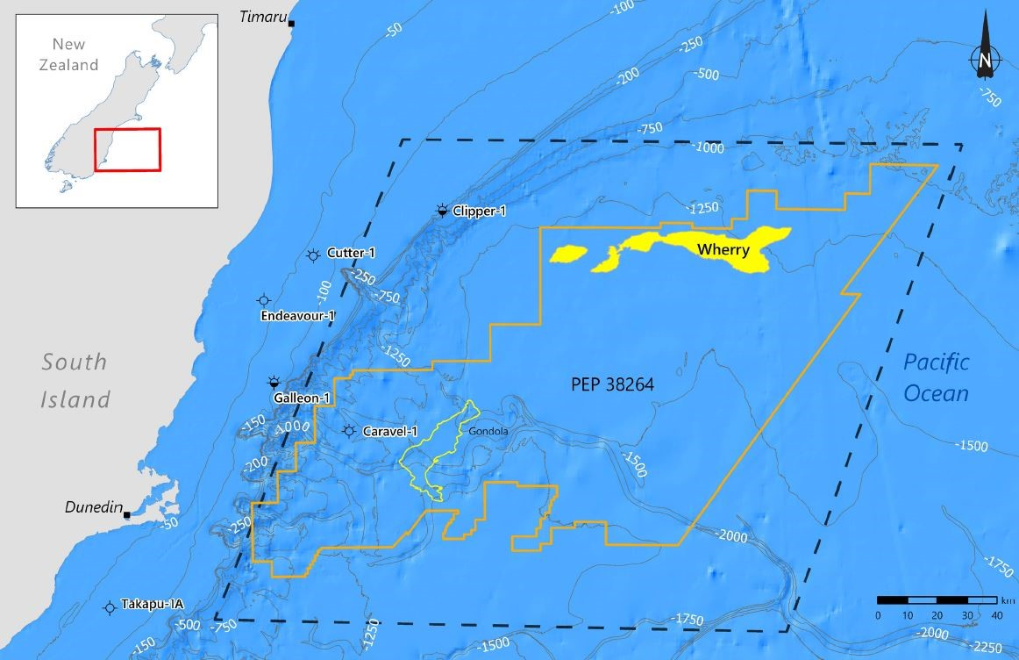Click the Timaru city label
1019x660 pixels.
(263, 17)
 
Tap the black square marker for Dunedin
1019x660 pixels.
(127, 514)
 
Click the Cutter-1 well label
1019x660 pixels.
(351, 253)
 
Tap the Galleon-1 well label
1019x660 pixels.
(301, 398)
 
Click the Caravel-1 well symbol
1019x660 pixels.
(349, 431)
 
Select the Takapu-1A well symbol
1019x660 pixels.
(110, 606)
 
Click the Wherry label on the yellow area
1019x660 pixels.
(723, 250)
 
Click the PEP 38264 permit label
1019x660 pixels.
(612, 384)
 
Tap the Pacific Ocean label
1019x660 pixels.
(937, 377)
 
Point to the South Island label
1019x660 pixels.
(75, 380)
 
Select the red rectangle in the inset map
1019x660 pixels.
(127, 149)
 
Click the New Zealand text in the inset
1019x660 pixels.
(75, 54)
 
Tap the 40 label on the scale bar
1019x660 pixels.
(997, 615)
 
